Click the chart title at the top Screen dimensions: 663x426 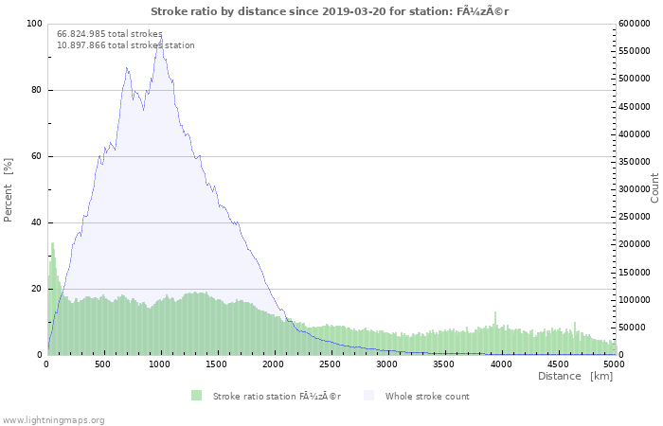click(330, 11)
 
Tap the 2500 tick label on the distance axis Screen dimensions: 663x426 click(330, 364)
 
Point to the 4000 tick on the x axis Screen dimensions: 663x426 click(501, 364)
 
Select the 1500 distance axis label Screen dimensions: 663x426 click(216, 364)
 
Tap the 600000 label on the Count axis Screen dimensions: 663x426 click(635, 24)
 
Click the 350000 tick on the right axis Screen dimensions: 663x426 click(635, 162)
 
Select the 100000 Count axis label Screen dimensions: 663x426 click(635, 300)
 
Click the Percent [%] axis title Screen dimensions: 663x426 click(8, 189)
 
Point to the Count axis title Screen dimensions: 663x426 click(654, 188)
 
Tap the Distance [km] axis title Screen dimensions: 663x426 click(575, 376)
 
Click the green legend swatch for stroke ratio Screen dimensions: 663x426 click(197, 396)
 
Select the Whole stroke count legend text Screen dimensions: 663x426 click(427, 397)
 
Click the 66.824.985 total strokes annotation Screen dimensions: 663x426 click(110, 34)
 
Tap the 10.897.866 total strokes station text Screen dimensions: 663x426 click(126, 45)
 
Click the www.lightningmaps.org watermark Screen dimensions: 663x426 click(52, 420)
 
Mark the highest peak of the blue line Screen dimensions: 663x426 click(161, 36)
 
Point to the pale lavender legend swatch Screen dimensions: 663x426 click(369, 396)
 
